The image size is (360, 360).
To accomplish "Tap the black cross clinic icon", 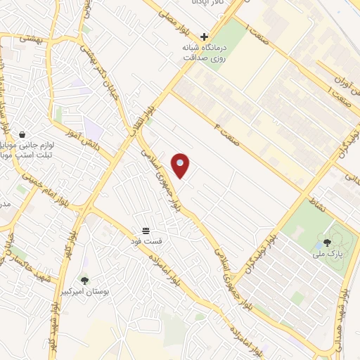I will click(x=205, y=37).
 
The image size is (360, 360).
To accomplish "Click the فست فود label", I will click(x=146, y=240).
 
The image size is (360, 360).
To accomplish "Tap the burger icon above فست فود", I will click(x=146, y=230).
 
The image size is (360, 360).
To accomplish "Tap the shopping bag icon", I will click(x=22, y=134).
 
